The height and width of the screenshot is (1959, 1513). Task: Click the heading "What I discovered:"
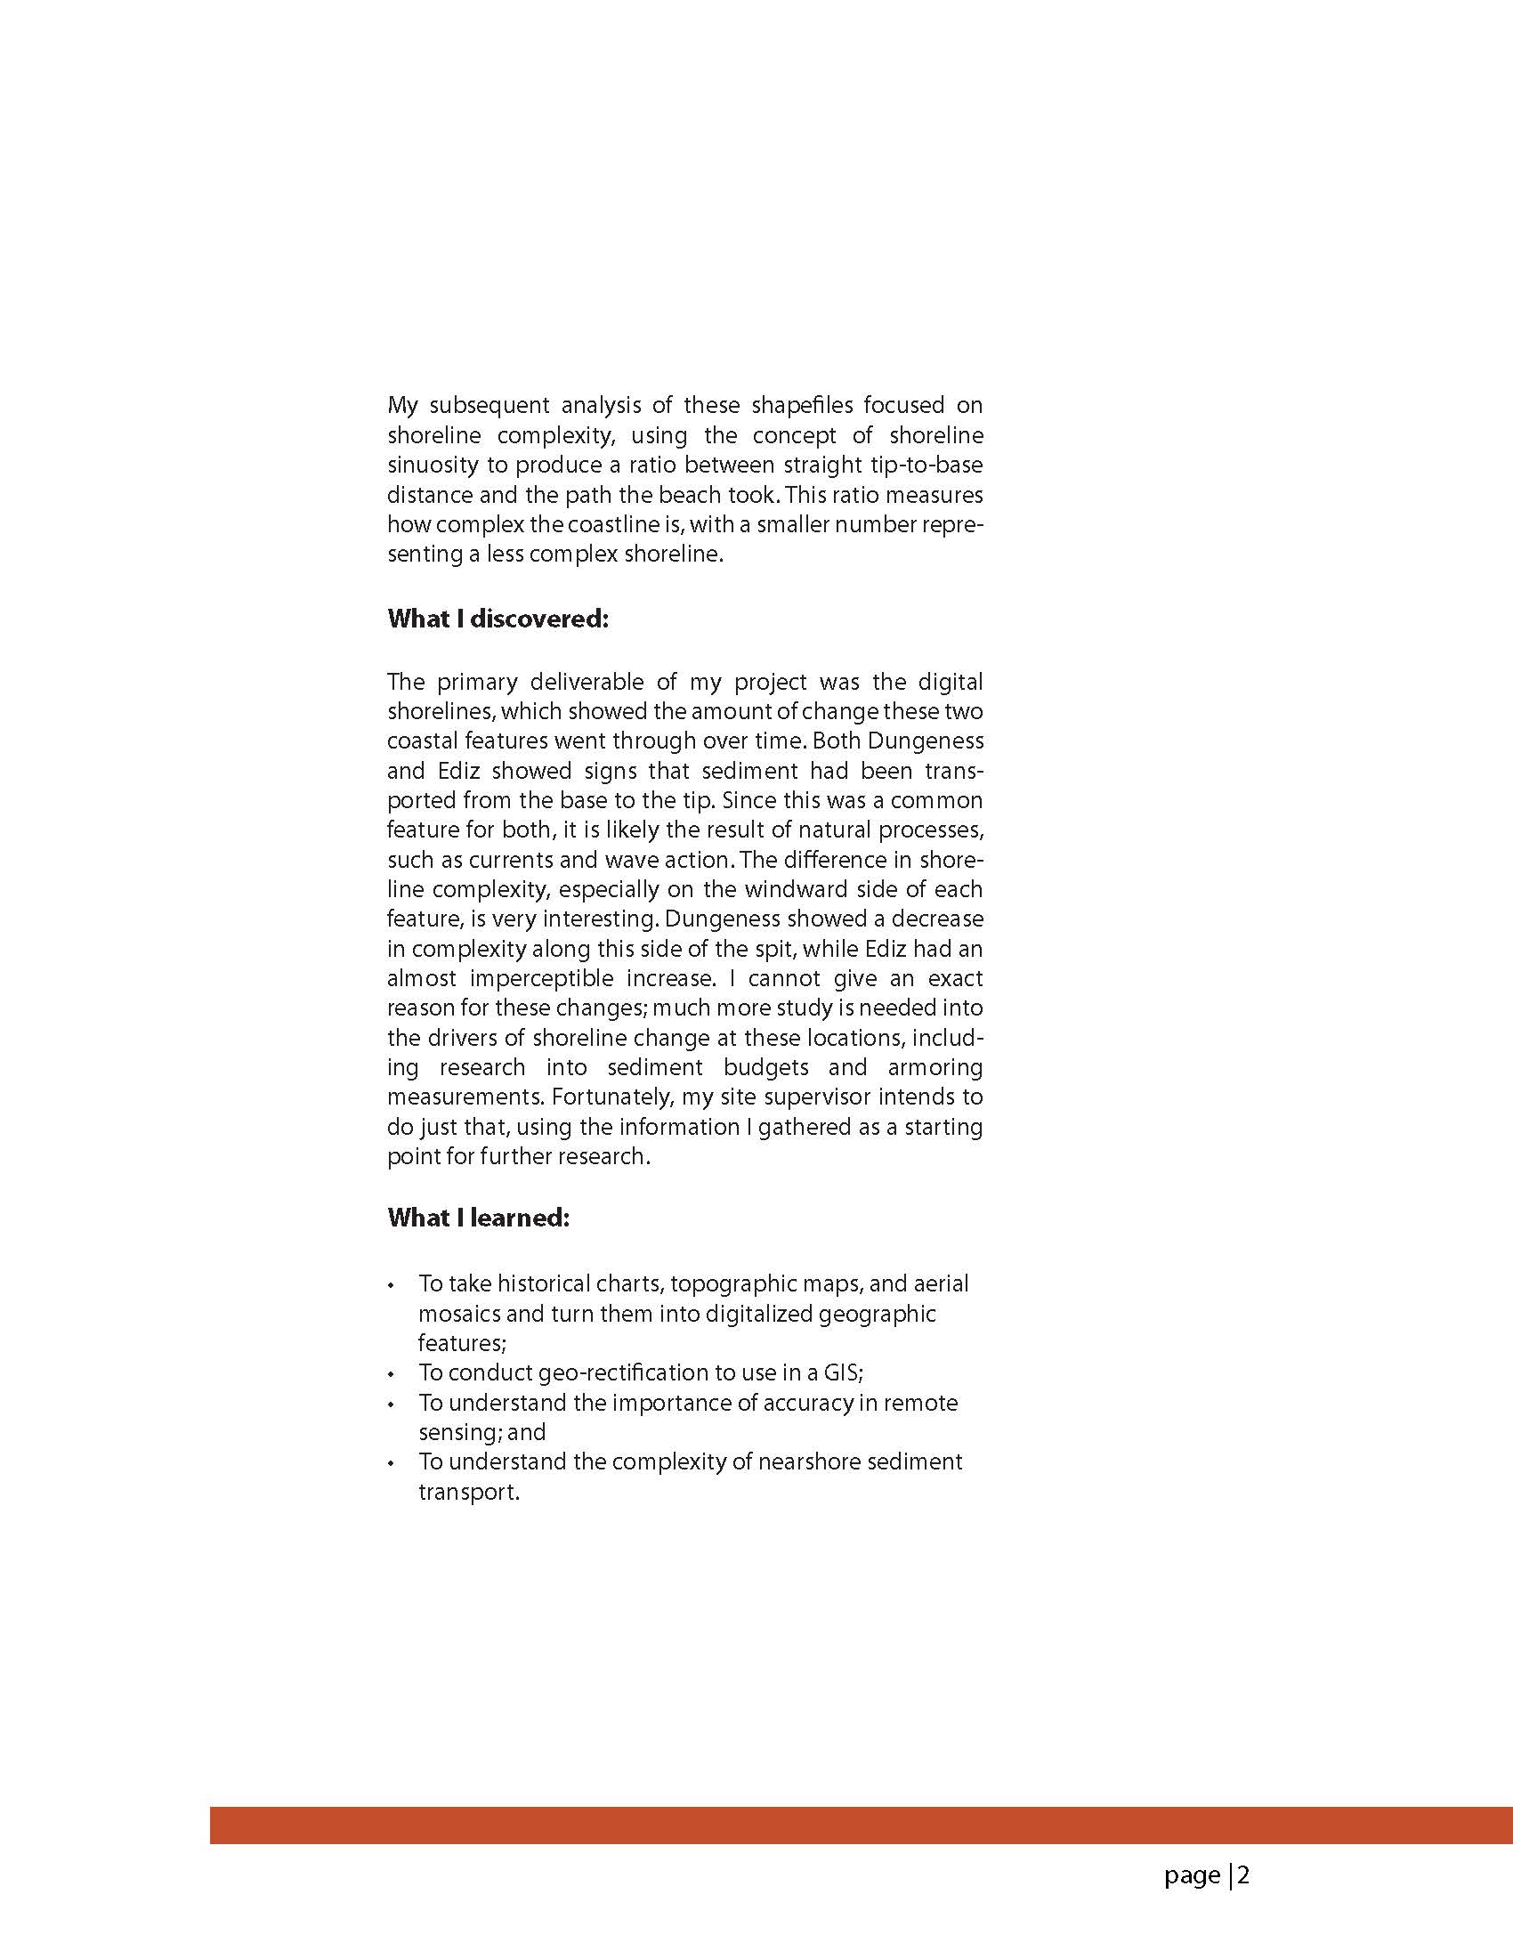pos(498,619)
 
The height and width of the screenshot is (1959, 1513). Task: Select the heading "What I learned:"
pos(478,1218)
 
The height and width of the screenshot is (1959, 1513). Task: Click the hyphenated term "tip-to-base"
pos(931,465)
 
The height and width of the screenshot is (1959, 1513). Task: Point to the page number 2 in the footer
pos(1243,1874)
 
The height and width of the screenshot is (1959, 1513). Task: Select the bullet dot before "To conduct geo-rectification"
pos(391,1374)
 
